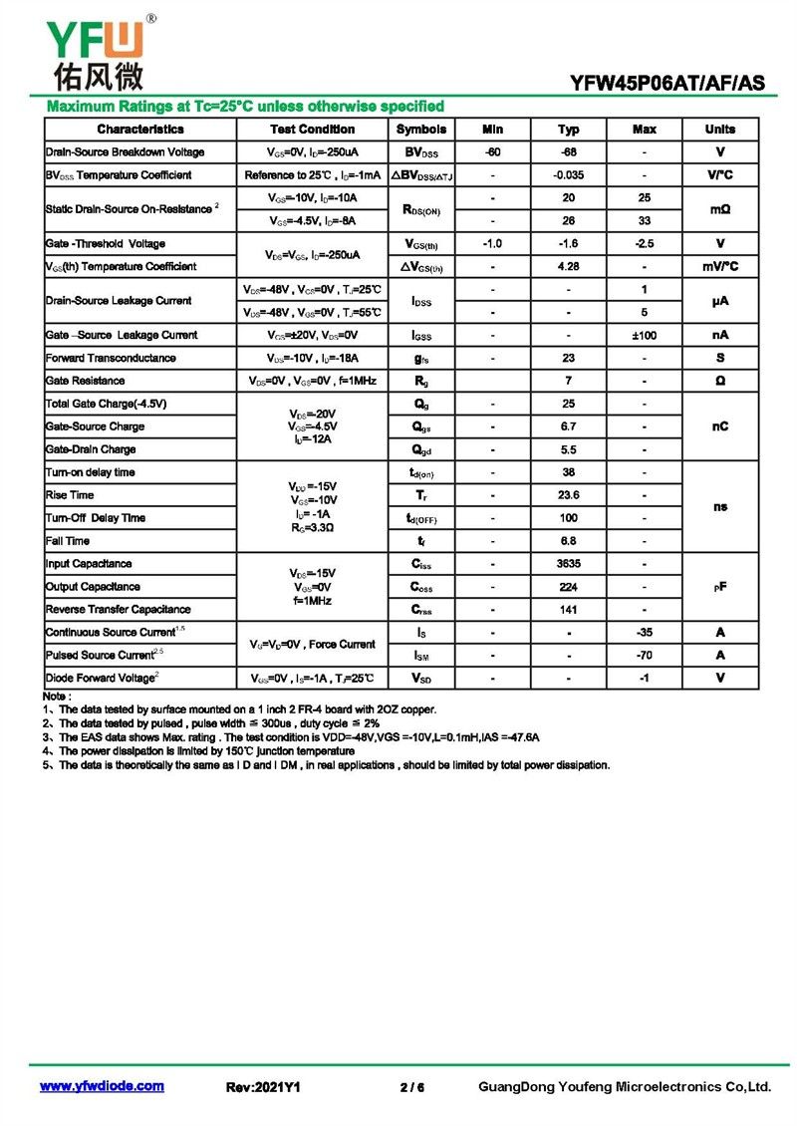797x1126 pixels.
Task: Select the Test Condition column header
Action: coord(312,130)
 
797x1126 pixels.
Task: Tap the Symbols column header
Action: coord(421,130)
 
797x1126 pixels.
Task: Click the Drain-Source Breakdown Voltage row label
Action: coord(126,152)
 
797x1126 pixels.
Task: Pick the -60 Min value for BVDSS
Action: coord(492,152)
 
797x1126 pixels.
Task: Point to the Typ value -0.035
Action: coord(568,175)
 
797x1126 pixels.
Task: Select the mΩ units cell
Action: coord(719,209)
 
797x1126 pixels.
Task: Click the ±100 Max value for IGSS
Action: coord(644,336)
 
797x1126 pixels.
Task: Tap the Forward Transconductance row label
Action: coord(112,359)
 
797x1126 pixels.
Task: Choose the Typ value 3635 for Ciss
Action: coord(568,564)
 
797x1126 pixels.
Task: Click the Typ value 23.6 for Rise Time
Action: coord(568,495)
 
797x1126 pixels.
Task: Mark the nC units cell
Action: coord(719,426)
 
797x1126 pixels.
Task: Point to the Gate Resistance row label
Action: coord(86,382)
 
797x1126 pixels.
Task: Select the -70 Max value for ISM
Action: coord(644,656)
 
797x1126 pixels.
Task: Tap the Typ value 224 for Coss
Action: coord(568,587)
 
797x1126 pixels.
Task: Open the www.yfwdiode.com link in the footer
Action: coord(102,1086)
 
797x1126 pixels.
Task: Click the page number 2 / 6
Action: coord(412,1087)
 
